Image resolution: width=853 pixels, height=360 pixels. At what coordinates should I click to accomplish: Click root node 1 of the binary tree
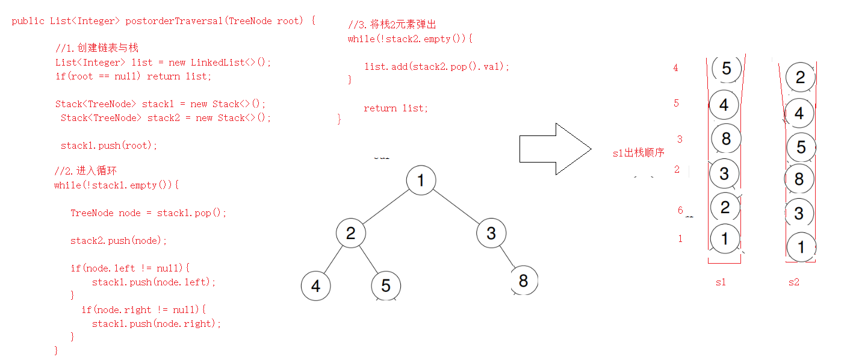pyautogui.click(x=421, y=180)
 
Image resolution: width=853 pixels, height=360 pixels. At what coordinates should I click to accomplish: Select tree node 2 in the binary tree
pyautogui.click(x=351, y=234)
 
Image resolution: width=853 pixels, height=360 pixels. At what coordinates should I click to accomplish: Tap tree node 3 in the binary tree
pyautogui.click(x=491, y=234)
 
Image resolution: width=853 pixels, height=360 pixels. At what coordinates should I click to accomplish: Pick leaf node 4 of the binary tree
pyautogui.click(x=316, y=285)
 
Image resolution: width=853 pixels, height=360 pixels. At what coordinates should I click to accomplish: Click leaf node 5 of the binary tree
pyautogui.click(x=386, y=285)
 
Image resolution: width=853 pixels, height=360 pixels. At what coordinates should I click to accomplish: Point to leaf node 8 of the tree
pyautogui.click(x=523, y=281)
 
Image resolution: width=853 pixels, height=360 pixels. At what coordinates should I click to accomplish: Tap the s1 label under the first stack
pyautogui.click(x=721, y=282)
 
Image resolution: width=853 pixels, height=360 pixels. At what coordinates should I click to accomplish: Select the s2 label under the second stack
pyautogui.click(x=794, y=282)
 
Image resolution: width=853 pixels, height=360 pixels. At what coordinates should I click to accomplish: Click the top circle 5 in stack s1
pyautogui.click(x=726, y=69)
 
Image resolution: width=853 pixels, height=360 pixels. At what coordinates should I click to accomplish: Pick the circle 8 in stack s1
pyautogui.click(x=726, y=139)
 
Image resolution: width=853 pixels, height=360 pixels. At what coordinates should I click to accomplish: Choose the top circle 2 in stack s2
pyautogui.click(x=800, y=77)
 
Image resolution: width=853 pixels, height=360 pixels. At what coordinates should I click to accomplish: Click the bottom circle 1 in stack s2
pyautogui.click(x=801, y=246)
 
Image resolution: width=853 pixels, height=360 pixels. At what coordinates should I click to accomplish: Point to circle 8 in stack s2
pyautogui.click(x=799, y=179)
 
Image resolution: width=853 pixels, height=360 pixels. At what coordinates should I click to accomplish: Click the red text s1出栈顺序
pyautogui.click(x=638, y=153)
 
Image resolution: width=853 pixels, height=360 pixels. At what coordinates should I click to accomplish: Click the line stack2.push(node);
pyautogui.click(x=119, y=241)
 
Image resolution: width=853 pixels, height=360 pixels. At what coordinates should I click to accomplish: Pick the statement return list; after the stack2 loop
pyautogui.click(x=395, y=108)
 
